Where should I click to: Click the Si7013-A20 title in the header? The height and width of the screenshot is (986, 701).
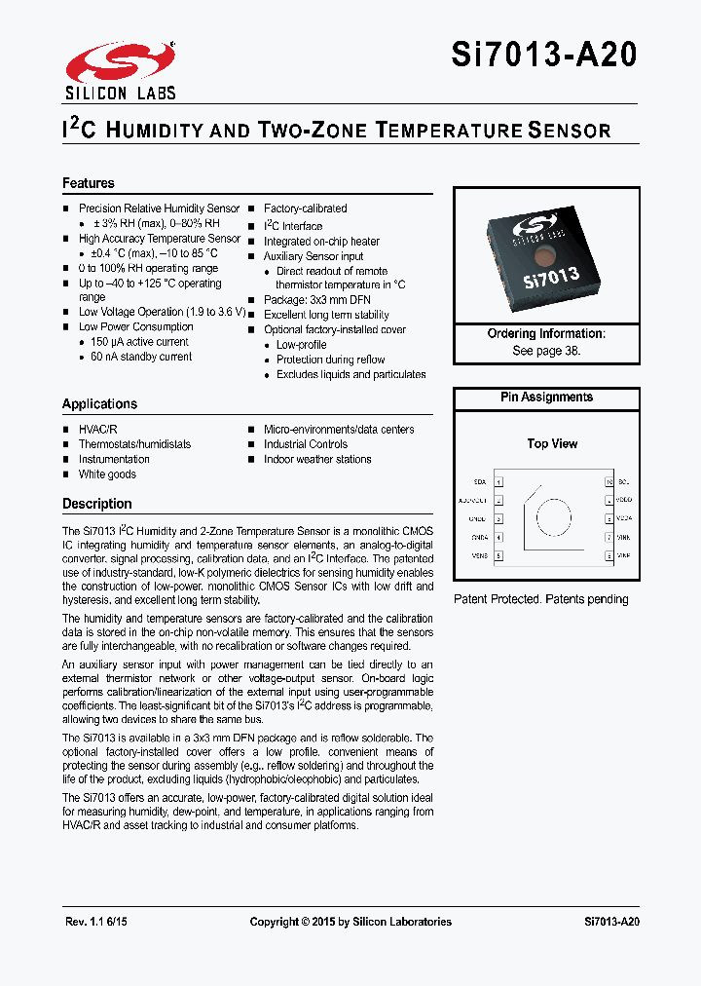544,56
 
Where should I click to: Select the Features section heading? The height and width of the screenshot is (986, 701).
89,183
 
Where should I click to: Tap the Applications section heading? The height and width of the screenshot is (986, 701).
99,403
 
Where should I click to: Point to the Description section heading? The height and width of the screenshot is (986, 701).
97,504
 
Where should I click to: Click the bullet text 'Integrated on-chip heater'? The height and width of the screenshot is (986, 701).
321,241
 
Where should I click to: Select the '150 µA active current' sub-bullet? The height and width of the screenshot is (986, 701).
139,342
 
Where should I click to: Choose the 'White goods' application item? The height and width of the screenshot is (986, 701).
107,474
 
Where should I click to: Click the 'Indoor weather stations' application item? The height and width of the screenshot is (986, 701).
317,459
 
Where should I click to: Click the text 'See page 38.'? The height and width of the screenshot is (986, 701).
546,350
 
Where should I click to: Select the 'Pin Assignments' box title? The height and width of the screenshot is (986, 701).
546,398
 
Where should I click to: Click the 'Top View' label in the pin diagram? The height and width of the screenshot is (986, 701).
552,443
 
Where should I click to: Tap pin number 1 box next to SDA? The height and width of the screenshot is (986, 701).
499,482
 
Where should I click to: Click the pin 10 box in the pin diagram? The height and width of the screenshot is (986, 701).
609,482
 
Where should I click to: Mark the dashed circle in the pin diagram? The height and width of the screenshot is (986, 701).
555,520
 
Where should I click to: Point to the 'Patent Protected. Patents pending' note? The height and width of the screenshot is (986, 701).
541,599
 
